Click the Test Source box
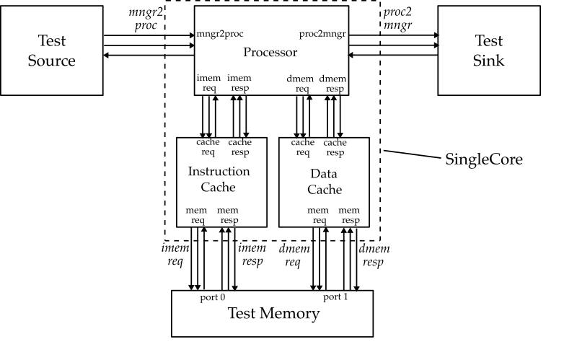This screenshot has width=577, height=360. tap(50, 51)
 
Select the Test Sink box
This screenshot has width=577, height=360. tap(488, 51)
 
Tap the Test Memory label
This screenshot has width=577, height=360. tap(273, 313)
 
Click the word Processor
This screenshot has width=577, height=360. tap(271, 52)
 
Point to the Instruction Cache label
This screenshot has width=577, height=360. tap(219, 179)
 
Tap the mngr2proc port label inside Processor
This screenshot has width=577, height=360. tap(220, 35)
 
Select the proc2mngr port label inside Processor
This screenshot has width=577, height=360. tap(322, 35)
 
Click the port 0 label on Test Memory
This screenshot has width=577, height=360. tap(213, 296)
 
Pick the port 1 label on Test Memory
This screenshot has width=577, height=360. tap(335, 296)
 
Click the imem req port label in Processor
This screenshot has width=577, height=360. tap(210, 83)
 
